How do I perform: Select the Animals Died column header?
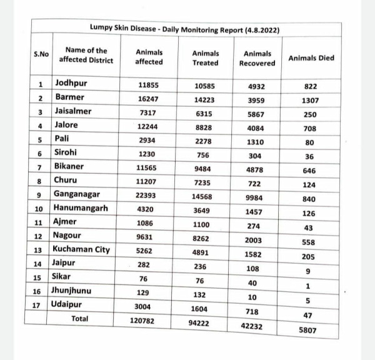click(x=311, y=58)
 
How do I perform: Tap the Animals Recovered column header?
click(x=257, y=58)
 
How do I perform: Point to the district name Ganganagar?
click(x=81, y=194)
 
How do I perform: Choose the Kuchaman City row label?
click(x=81, y=249)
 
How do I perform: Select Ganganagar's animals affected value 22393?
click(x=149, y=196)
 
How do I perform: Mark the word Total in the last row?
click(x=80, y=319)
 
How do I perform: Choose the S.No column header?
click(x=41, y=54)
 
